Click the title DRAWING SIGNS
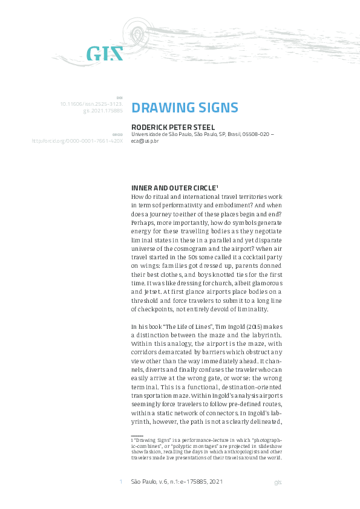(185, 108)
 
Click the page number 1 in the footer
(121, 482)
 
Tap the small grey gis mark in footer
(278, 482)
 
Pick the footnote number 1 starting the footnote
(133, 441)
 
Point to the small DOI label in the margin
(119, 97)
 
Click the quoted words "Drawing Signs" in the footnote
(153, 441)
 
